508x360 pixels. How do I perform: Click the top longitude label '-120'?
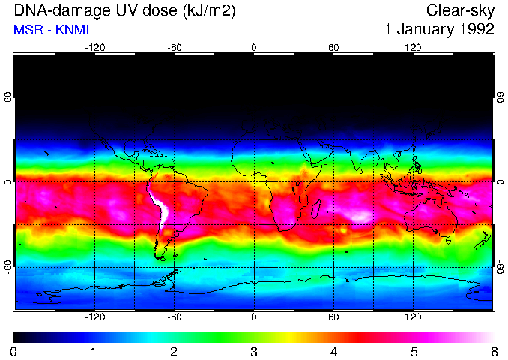[94, 47]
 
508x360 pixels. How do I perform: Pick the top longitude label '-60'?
[175, 47]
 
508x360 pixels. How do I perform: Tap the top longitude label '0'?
[254, 47]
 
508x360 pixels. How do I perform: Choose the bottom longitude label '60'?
[334, 316]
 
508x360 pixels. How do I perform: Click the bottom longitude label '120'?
[414, 316]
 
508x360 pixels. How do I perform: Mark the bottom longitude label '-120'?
[94, 316]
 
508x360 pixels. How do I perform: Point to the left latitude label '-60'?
[7, 266]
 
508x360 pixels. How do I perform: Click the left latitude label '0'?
[7, 181]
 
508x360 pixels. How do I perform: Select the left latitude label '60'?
[7, 97]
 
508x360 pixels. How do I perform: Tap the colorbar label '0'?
[14, 351]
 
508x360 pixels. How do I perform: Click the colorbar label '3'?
[254, 351]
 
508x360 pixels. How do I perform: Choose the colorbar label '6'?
[493, 351]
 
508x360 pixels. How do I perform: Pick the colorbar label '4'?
[334, 351]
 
